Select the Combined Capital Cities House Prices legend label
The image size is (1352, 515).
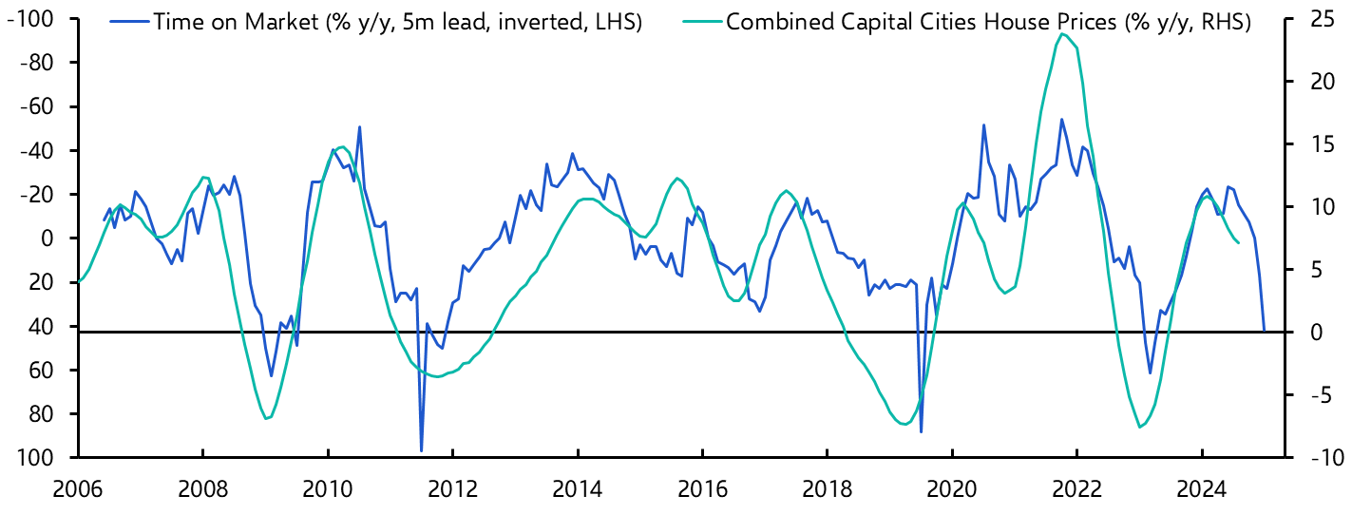click(988, 22)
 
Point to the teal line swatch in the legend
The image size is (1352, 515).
click(699, 22)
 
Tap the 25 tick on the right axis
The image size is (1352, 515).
click(1311, 19)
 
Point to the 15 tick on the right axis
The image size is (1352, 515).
click(1311, 144)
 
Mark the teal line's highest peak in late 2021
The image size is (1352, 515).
click(1060, 34)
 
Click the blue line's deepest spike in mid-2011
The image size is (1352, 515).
click(421, 450)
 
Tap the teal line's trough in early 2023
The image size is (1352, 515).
click(1140, 428)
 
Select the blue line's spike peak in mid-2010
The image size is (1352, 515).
click(359, 126)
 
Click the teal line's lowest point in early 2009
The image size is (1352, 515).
click(267, 418)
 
